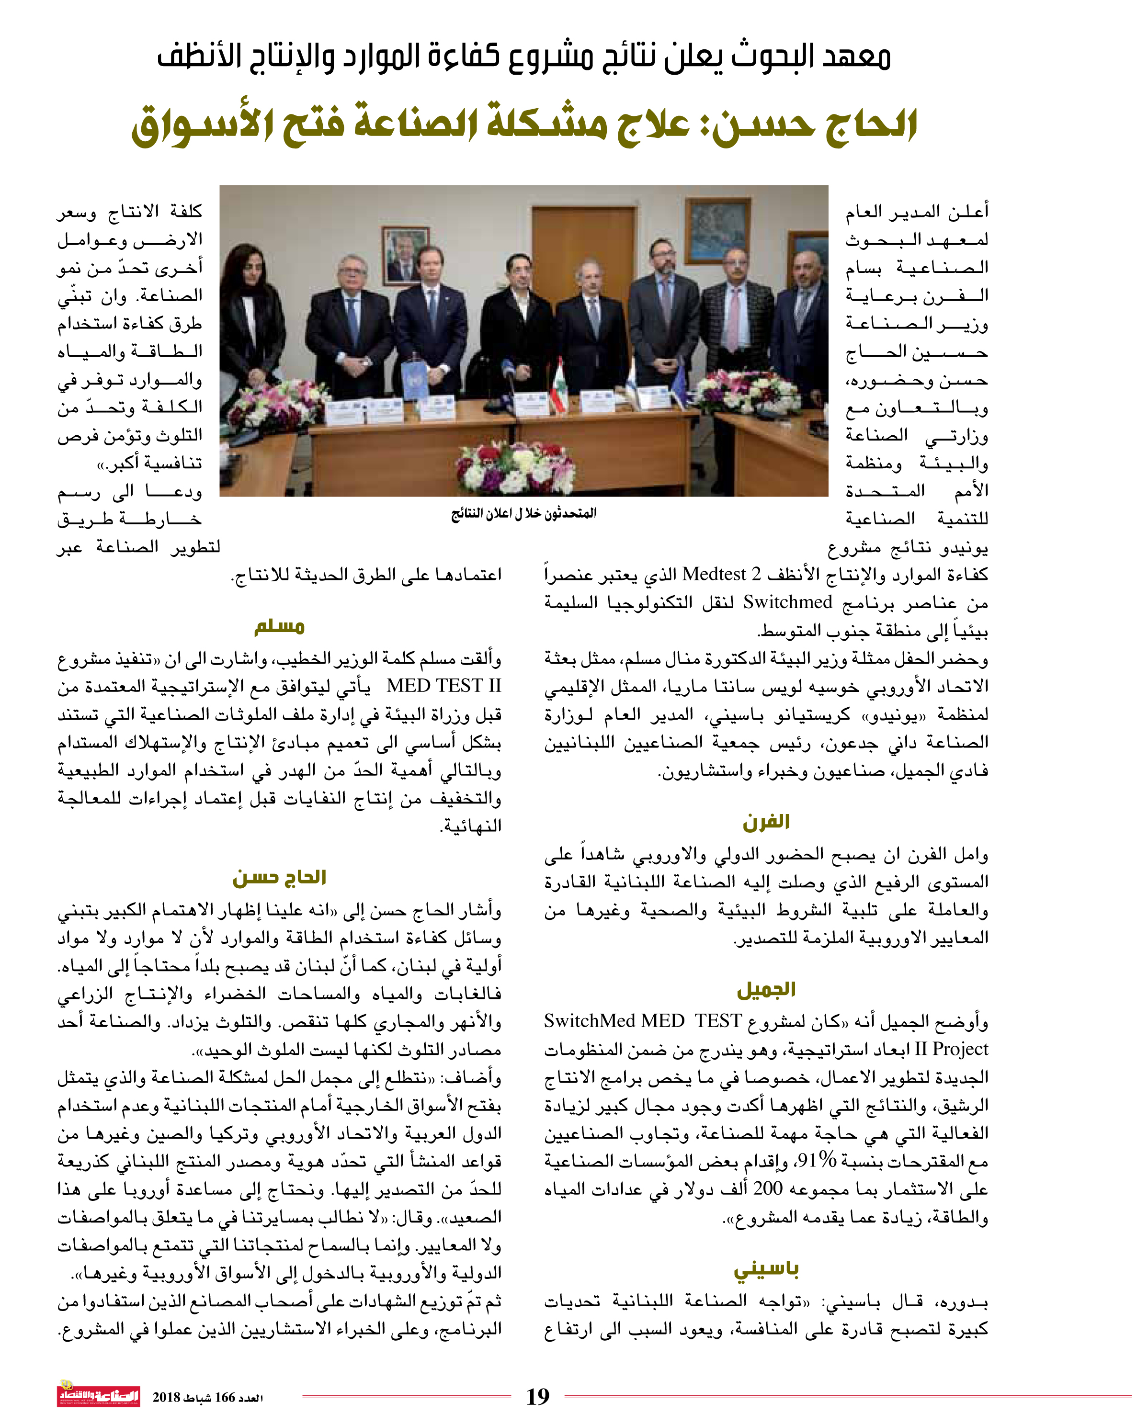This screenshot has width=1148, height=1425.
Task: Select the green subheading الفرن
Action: (766, 822)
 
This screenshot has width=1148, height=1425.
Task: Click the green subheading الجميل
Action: (766, 989)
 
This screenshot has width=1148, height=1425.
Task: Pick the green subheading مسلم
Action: (279, 625)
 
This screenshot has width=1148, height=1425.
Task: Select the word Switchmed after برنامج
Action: (787, 602)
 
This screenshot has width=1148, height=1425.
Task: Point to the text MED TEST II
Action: (443, 686)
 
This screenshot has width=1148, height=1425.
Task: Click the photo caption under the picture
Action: (524, 513)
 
